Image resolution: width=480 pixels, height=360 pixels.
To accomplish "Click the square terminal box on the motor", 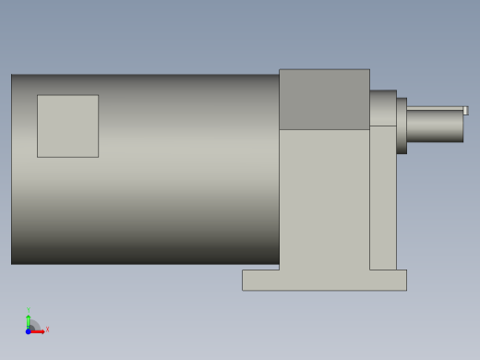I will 67,126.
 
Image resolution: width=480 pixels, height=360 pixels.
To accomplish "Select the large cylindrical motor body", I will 185,203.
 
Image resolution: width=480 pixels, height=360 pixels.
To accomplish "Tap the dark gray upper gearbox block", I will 324,99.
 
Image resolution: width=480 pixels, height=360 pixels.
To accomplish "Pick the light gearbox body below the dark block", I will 324,198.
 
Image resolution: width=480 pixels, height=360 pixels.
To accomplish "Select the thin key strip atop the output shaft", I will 435,109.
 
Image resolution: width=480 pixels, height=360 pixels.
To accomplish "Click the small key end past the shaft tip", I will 465,111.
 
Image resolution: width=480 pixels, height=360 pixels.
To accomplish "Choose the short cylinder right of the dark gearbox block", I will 383,107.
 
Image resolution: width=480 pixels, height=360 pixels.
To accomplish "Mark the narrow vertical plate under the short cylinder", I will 383,198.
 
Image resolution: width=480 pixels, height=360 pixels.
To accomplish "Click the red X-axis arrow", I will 39,330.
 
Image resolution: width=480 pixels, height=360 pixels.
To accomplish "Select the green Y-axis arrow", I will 29,320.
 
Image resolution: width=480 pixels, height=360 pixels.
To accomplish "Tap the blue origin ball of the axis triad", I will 29,330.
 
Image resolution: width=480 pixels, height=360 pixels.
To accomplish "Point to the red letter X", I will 47,329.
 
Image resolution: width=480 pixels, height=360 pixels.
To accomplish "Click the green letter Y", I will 28,310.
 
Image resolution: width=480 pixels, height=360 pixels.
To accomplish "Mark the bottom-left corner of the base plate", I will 243,290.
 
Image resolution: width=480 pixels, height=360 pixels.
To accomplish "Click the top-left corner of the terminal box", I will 38,95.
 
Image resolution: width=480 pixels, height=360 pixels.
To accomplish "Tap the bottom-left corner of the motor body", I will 12,263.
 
